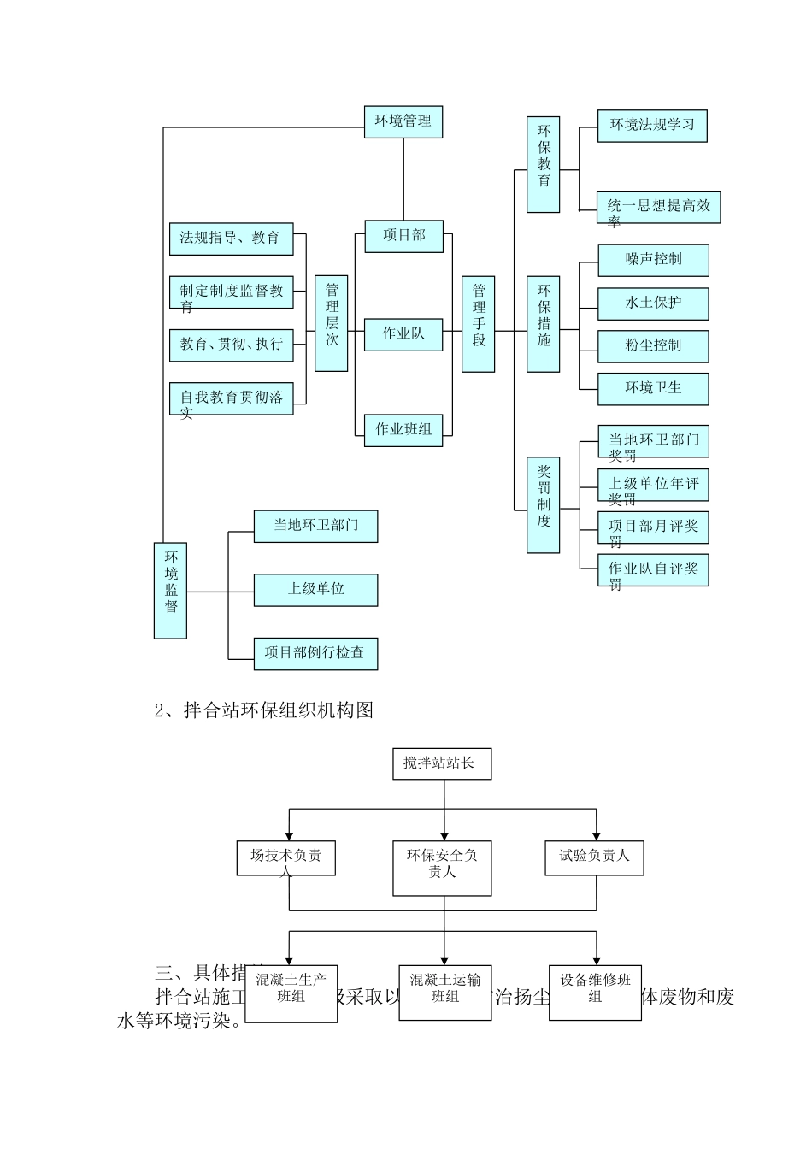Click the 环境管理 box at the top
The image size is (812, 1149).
click(x=403, y=121)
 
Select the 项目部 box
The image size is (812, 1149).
click(x=403, y=235)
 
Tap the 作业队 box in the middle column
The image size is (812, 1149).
click(x=403, y=333)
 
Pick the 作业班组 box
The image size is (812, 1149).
click(x=403, y=429)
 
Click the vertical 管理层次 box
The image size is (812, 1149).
click(x=332, y=323)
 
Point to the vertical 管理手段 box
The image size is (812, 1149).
click(x=479, y=323)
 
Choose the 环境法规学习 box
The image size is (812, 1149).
click(x=652, y=125)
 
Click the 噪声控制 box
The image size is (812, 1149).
click(x=653, y=259)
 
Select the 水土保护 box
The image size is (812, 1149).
click(x=653, y=303)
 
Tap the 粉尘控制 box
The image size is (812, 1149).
click(x=653, y=345)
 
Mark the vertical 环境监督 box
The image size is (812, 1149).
click(x=170, y=590)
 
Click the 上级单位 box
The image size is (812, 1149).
click(x=315, y=589)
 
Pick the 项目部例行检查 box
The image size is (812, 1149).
click(x=315, y=653)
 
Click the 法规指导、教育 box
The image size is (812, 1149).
click(x=231, y=238)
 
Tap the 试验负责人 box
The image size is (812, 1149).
click(x=594, y=857)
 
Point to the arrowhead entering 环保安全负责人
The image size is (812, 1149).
click(x=444, y=835)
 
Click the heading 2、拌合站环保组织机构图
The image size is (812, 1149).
click(x=264, y=710)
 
